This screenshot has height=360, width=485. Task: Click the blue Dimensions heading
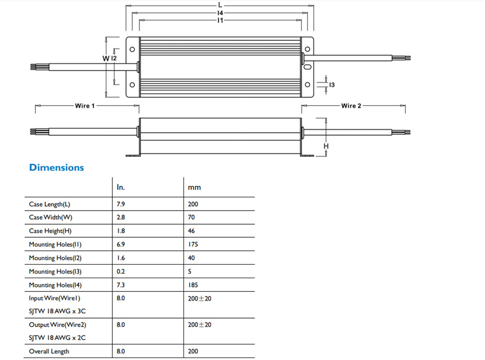(x=57, y=168)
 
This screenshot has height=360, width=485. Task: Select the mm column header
(x=194, y=187)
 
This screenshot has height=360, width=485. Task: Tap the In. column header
(x=121, y=187)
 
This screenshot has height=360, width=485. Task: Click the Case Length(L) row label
(x=50, y=204)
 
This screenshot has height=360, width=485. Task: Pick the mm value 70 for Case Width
(x=191, y=217)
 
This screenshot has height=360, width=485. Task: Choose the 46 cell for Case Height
(x=191, y=231)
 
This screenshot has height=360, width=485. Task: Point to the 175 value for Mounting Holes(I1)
(x=192, y=244)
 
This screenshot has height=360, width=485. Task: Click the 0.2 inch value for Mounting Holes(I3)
(x=121, y=272)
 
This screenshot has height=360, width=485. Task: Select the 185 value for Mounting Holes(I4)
(x=192, y=285)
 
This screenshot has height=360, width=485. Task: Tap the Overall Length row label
(x=49, y=351)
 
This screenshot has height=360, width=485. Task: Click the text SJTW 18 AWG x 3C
(x=57, y=311)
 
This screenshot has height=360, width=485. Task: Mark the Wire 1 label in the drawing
(x=85, y=106)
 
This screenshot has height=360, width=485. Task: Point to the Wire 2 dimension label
(x=351, y=106)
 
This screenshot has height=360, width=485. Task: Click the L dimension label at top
(x=220, y=5)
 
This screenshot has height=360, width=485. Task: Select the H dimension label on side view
(x=326, y=146)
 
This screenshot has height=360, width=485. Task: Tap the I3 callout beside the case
(x=331, y=85)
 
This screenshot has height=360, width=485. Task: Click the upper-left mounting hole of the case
(x=132, y=49)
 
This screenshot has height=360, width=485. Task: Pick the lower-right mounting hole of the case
(x=308, y=85)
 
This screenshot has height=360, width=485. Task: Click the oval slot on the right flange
(x=308, y=67)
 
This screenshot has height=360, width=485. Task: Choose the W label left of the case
(x=106, y=59)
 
